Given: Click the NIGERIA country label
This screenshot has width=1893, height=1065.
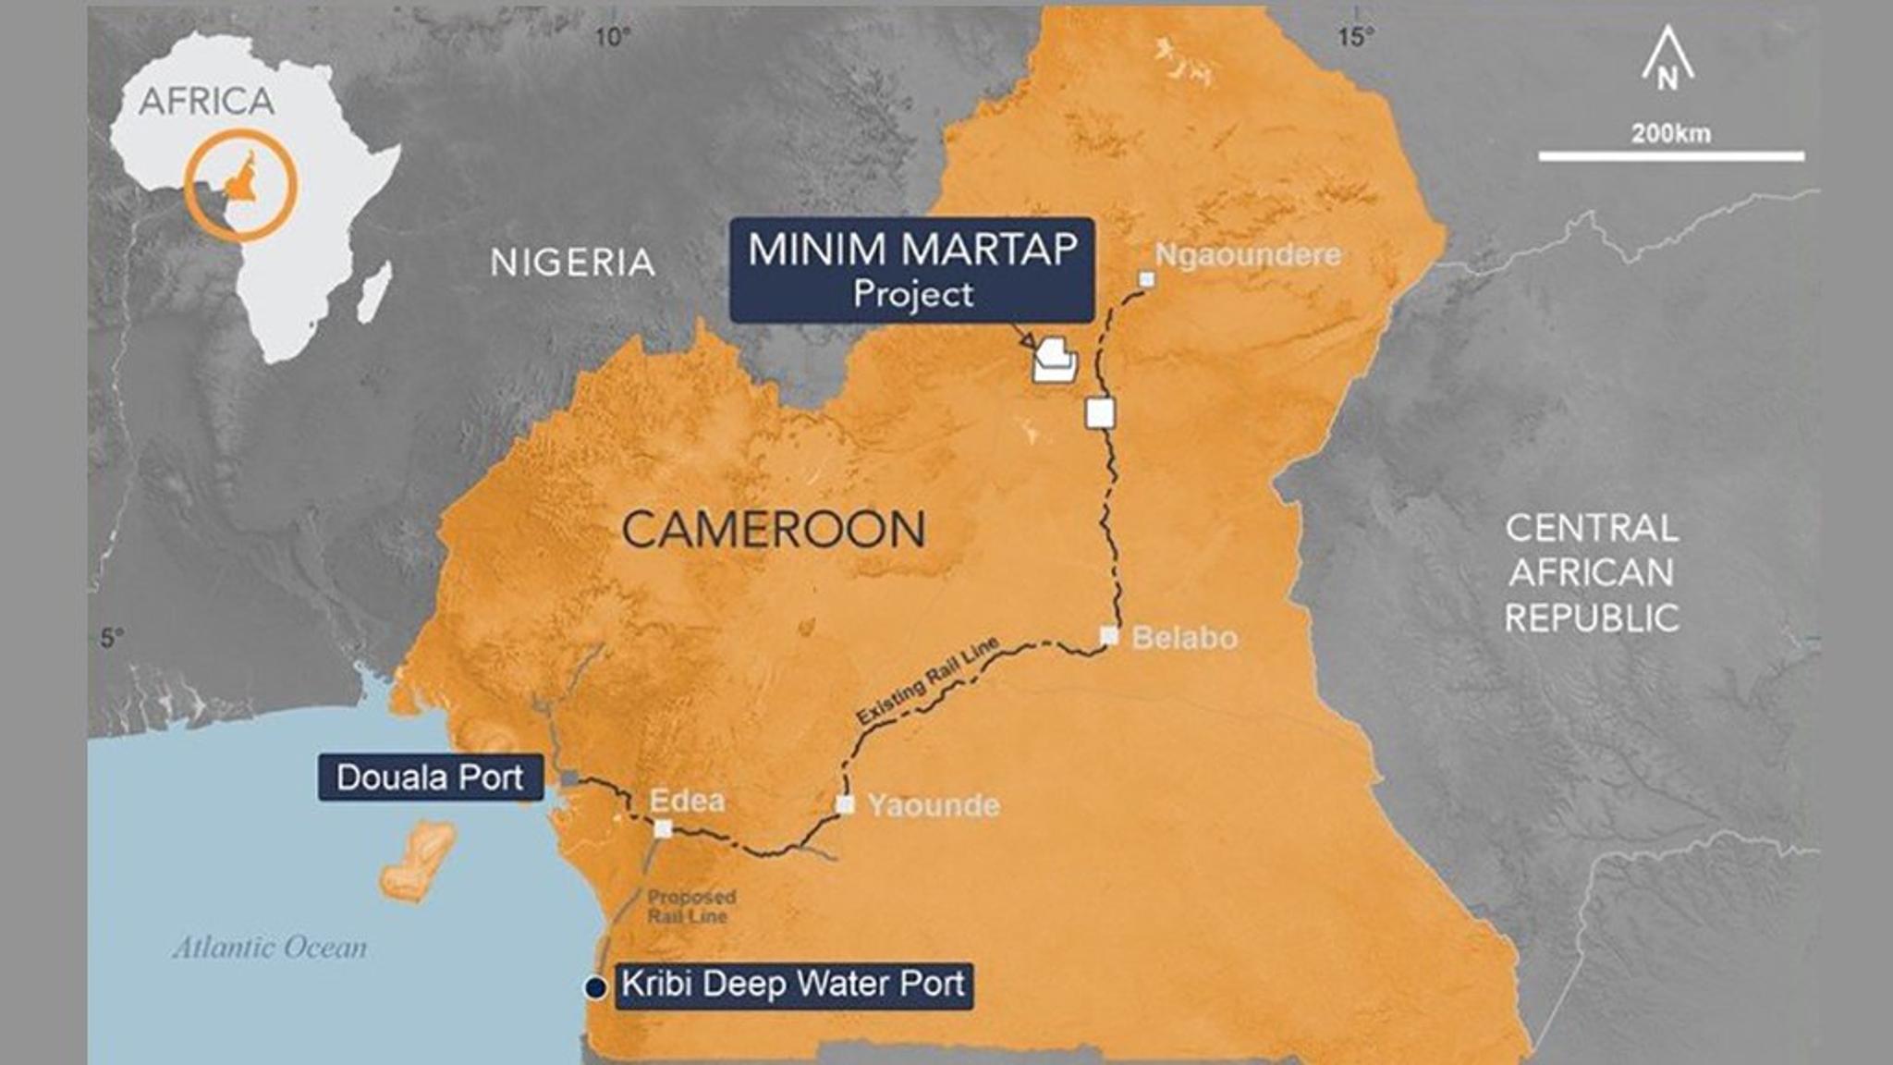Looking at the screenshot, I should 572,263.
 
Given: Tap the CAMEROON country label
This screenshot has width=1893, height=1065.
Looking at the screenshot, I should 773,530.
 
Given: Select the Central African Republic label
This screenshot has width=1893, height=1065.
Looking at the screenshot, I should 1591,573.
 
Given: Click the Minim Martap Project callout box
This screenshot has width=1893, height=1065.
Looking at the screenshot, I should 911,270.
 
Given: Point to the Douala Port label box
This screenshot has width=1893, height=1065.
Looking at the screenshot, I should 430,777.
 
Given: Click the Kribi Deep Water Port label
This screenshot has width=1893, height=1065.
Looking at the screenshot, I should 793,984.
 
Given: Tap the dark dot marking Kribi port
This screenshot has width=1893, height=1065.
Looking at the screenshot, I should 595,987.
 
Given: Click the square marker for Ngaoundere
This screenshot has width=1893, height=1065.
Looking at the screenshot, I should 1146,279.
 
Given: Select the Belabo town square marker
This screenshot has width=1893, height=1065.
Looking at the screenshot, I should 1109,636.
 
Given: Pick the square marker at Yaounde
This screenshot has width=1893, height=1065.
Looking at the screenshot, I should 845,804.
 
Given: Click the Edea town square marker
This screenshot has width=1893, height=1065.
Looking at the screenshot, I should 663,828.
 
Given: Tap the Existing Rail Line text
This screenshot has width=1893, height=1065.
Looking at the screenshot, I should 927,681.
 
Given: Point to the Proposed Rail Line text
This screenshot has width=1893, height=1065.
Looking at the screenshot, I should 690,907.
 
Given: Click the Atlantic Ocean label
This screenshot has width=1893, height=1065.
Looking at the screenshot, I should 270,948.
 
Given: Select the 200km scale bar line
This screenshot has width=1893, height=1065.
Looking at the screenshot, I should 1670,156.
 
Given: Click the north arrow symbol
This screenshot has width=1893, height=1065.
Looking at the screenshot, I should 1667,59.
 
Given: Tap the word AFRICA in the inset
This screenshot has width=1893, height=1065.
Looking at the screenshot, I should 207,102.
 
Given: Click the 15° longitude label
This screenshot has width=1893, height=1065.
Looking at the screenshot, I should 1355,37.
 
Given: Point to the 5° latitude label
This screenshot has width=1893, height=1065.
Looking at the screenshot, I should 111,638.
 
